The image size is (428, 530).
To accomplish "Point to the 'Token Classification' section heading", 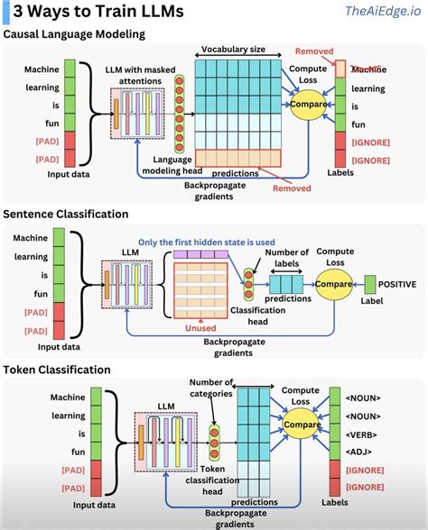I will pyautogui.click(x=57, y=370).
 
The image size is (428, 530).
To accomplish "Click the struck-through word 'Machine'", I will pyautogui.click(x=367, y=69).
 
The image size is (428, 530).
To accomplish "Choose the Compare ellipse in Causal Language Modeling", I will pyautogui.click(x=310, y=106).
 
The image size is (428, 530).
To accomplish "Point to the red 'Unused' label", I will pyautogui.click(x=200, y=329).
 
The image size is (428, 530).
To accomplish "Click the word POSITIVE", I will pyautogui.click(x=397, y=284).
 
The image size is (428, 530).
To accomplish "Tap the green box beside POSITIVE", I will pyautogui.click(x=368, y=284).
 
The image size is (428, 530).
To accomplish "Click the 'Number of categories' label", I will pyautogui.click(x=211, y=387).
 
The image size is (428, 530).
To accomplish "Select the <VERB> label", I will pyautogui.click(x=366, y=434).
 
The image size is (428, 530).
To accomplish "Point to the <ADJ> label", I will pyautogui.click(x=364, y=452).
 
